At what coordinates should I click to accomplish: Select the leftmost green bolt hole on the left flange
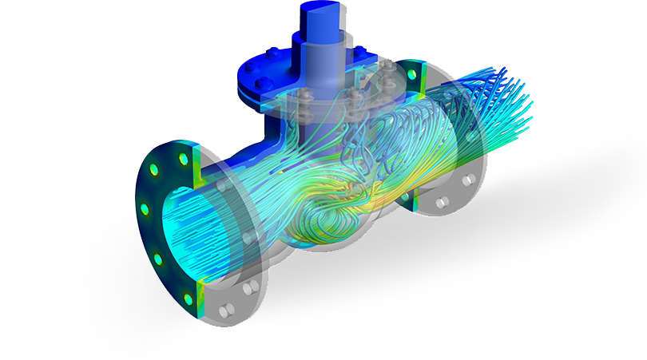point(145,208)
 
